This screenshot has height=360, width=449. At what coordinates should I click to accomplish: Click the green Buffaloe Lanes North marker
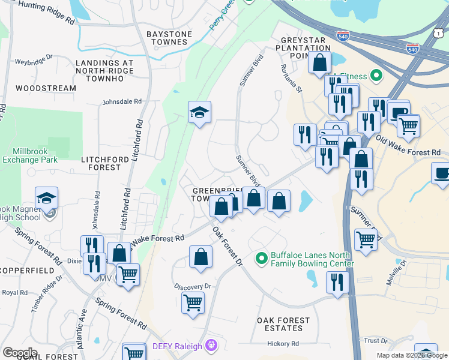261,259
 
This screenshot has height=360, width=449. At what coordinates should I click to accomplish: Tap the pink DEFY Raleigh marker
210,345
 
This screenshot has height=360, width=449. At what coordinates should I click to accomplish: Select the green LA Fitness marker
376,76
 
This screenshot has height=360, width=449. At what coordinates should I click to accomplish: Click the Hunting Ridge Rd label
46,13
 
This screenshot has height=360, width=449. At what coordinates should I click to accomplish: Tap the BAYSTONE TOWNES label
169,38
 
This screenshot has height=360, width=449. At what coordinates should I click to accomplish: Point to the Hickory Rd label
283,344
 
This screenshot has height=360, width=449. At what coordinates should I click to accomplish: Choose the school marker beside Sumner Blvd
199,113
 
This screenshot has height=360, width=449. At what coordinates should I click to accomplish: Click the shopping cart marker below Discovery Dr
193,302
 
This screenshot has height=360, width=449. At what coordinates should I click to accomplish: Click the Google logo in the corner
20,352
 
